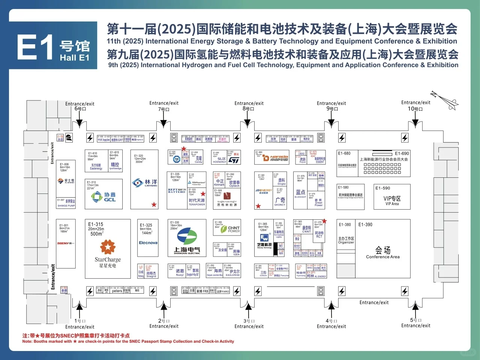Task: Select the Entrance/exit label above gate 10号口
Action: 415,102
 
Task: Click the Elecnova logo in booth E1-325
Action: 148,243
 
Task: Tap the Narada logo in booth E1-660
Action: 276,158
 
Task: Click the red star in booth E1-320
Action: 154,204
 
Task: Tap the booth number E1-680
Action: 344,153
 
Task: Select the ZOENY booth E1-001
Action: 65,243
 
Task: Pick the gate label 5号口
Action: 415,320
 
